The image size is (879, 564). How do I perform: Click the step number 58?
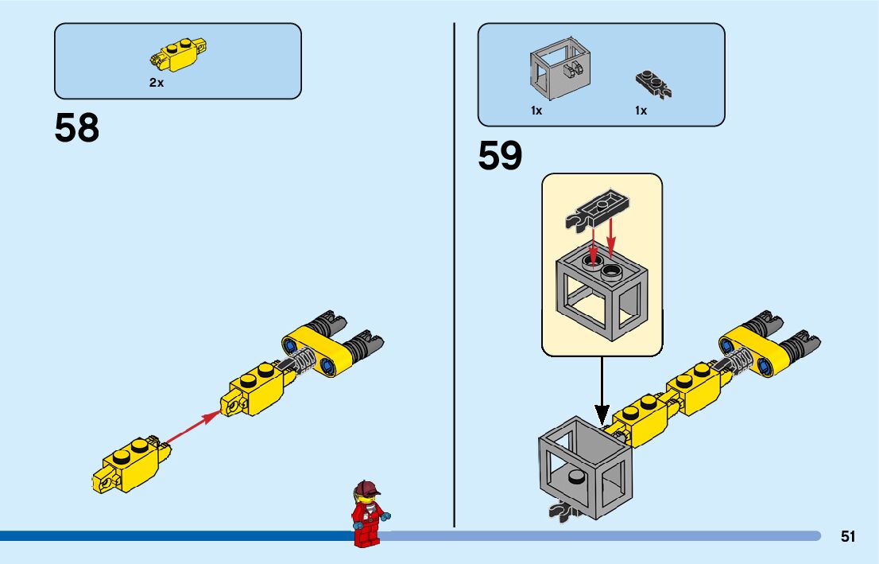pyautogui.click(x=77, y=128)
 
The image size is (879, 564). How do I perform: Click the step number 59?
pyautogui.click(x=500, y=156)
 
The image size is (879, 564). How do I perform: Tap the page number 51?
pyautogui.click(x=848, y=537)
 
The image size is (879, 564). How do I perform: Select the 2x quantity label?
pyautogui.click(x=156, y=83)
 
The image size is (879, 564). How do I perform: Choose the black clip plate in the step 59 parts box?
pyautogui.click(x=653, y=83)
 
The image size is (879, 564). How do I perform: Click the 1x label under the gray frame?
pyautogui.click(x=536, y=111)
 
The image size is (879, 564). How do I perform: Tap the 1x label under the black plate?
pyautogui.click(x=641, y=111)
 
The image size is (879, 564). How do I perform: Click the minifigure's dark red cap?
pyautogui.click(x=366, y=488)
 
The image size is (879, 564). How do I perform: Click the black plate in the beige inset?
pyautogui.click(x=602, y=206)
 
